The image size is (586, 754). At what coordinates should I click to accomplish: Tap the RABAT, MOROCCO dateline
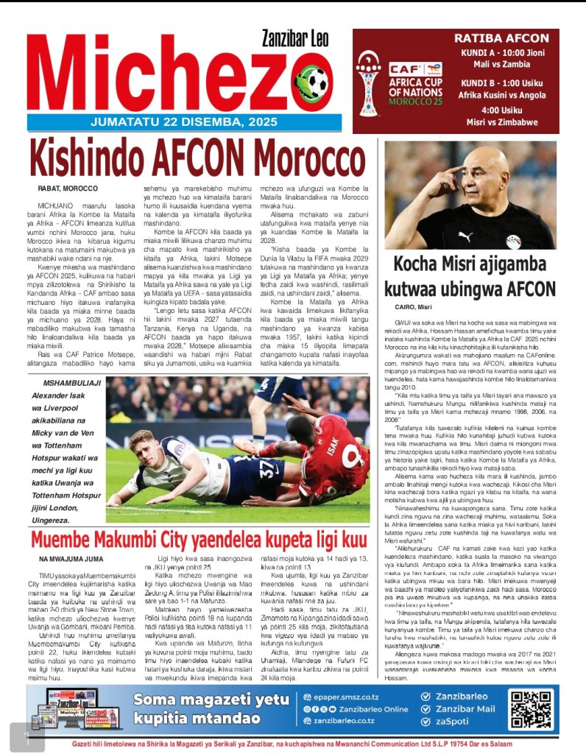tap(67, 188)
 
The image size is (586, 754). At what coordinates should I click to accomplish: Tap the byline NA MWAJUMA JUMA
tap(71, 560)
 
